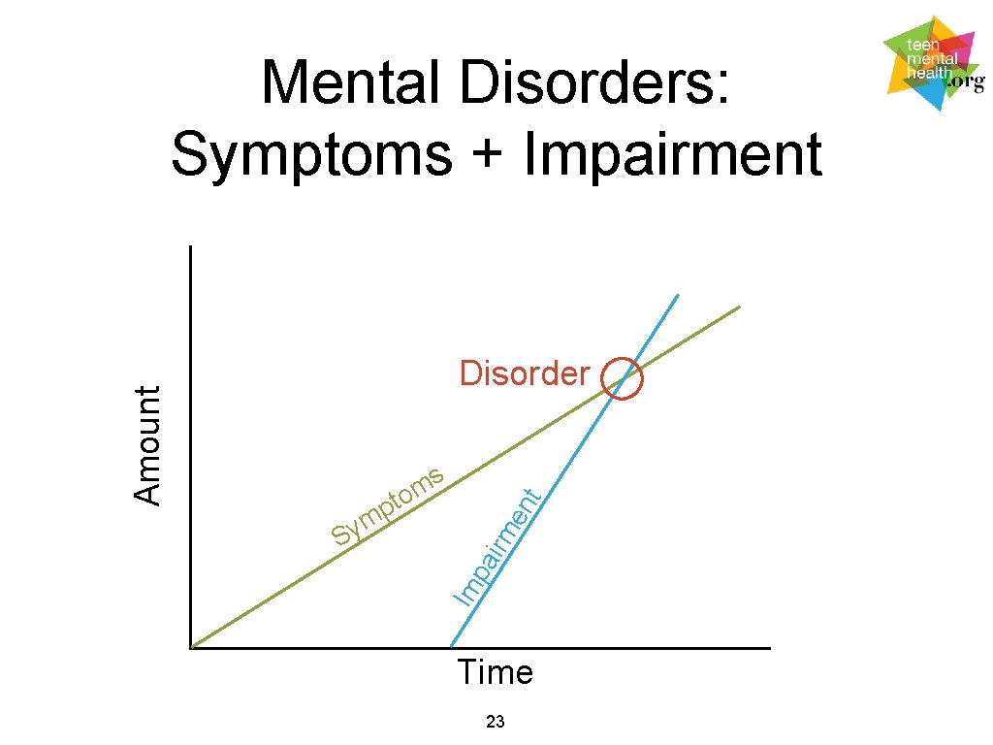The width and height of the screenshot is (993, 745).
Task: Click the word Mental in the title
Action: pos(350,81)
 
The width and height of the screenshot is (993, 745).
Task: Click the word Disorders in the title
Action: pos(586,81)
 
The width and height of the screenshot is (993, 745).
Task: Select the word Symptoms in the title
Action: pos(312,154)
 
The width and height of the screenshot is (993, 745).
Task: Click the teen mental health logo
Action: pos(934,63)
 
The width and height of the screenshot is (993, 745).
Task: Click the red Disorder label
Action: pos(525,373)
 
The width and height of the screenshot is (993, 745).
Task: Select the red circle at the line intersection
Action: pos(642,379)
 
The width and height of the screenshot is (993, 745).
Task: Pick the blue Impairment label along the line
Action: pos(497,547)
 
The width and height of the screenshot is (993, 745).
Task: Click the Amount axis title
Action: pos(147,444)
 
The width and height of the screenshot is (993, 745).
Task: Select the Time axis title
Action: pos(496,672)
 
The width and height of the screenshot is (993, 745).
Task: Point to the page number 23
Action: pos(496,721)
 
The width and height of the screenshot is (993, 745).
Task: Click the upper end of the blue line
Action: pos(678,295)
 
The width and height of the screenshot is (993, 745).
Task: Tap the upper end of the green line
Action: pos(740,308)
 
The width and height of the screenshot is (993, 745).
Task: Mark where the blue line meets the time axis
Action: pos(451,647)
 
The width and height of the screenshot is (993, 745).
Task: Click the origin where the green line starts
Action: pos(191,648)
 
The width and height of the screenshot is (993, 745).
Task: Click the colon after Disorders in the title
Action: pos(722,87)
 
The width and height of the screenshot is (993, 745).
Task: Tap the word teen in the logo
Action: pos(923,45)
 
